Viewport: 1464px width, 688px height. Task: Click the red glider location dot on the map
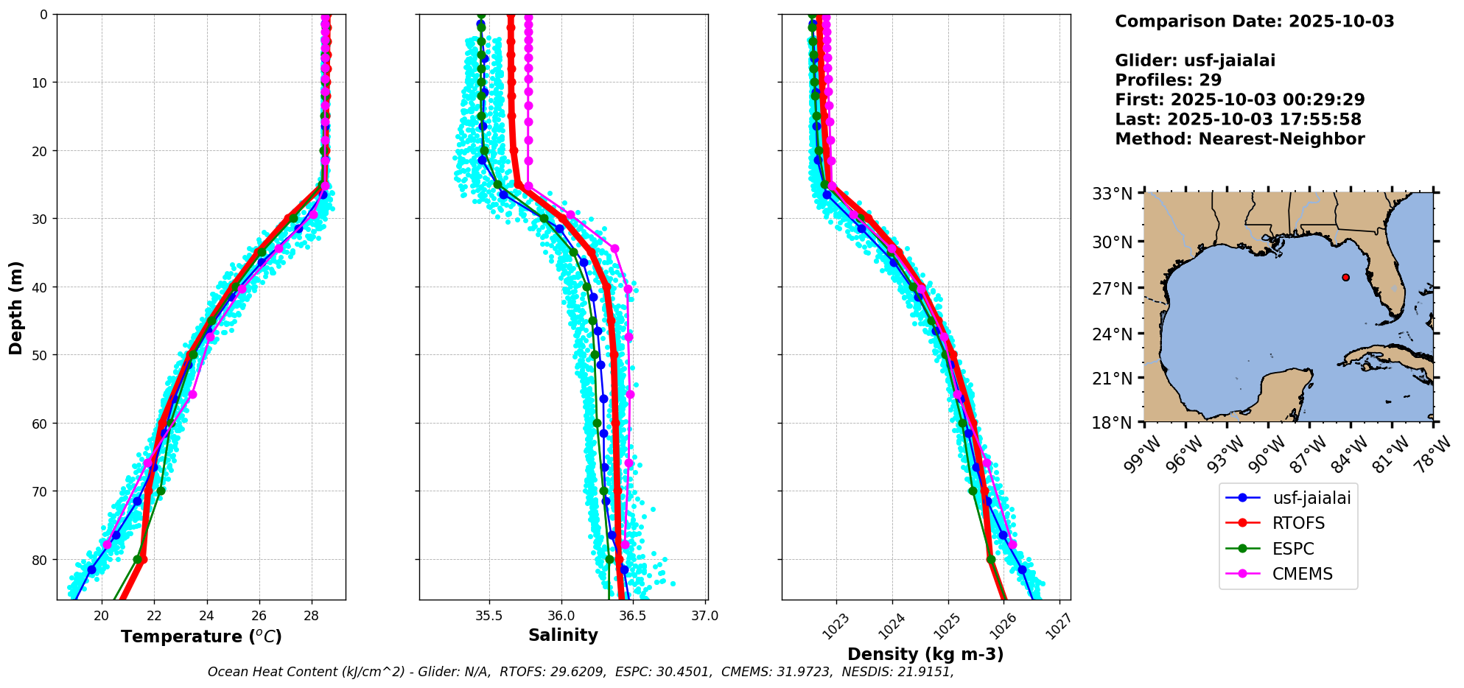click(1345, 277)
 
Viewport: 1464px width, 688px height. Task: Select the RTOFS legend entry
click(1298, 523)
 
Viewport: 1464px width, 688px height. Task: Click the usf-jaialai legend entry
click(1311, 498)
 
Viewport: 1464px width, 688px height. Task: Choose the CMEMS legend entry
click(1302, 574)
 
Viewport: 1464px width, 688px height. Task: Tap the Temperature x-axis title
click(201, 636)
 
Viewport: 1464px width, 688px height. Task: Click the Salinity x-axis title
click(563, 635)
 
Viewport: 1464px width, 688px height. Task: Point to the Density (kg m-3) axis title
click(925, 654)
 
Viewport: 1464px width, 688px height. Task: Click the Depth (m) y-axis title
click(16, 307)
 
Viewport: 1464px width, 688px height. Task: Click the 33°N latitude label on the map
click(1112, 194)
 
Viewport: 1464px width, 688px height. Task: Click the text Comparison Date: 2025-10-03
click(1254, 21)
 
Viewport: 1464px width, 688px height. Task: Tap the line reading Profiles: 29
click(1168, 80)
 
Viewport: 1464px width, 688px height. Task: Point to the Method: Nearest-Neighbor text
click(1239, 139)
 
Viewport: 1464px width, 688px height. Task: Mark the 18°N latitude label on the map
click(1112, 423)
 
